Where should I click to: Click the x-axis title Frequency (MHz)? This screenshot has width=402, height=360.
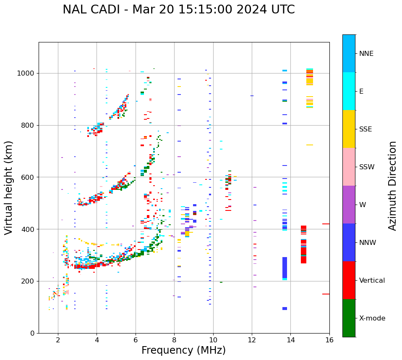tap(183, 350)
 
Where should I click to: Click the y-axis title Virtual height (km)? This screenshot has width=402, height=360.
tap(9, 187)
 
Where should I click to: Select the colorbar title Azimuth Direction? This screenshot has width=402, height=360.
tap(392, 185)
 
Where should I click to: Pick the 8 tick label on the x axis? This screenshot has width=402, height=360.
tap(174, 340)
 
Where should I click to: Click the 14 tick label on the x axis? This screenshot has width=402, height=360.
tap(290, 340)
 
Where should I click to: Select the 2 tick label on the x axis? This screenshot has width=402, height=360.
tap(58, 340)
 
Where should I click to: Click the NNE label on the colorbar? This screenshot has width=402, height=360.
tap(366, 54)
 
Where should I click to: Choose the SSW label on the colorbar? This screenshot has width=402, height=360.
tap(366, 167)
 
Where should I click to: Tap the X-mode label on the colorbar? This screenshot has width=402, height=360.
tap(372, 318)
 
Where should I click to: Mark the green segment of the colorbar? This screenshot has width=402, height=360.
tap(349, 318)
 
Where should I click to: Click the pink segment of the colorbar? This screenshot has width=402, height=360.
tap(349, 167)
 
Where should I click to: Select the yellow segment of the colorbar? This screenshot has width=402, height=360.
tap(349, 129)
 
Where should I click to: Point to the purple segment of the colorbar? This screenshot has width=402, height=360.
tap(349, 205)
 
